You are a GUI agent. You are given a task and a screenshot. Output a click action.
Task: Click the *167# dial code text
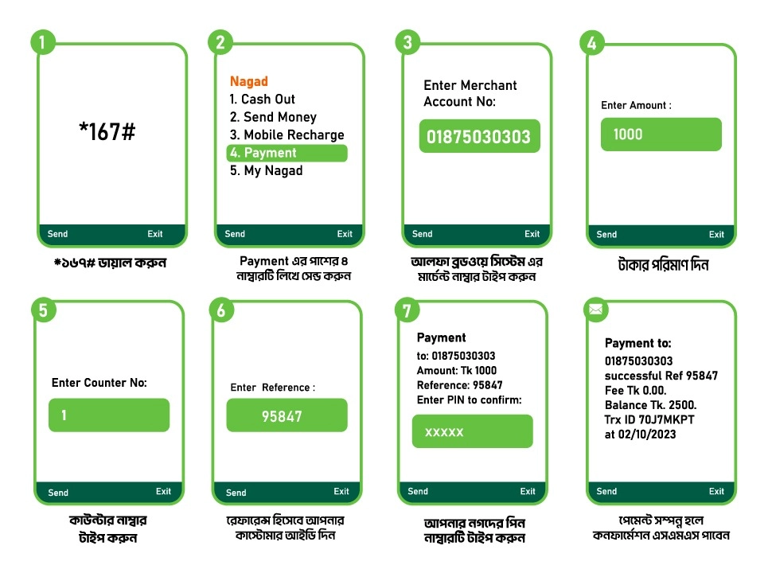click(107, 132)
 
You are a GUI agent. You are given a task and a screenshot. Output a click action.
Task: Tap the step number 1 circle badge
click(43, 43)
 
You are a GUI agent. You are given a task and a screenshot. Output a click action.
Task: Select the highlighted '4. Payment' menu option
click(287, 153)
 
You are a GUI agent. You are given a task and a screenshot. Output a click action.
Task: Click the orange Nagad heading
click(249, 81)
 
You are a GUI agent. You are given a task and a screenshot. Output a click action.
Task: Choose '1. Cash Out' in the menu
click(262, 99)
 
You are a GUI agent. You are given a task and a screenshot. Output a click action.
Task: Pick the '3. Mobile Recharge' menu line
click(287, 135)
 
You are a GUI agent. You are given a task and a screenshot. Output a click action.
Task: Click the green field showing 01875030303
click(479, 136)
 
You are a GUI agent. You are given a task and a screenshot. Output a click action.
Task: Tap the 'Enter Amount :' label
click(636, 105)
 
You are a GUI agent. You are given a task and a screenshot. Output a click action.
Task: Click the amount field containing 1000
click(661, 134)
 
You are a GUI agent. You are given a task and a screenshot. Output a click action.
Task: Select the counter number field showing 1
click(109, 415)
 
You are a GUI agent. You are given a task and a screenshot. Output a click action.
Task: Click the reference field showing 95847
click(287, 415)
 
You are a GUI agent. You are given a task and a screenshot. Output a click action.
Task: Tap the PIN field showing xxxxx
click(472, 431)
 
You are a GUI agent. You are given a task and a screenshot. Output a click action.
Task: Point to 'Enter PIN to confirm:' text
click(469, 400)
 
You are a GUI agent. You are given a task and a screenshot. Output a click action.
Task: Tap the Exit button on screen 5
click(163, 492)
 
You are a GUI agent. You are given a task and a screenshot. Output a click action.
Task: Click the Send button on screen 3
click(423, 234)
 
